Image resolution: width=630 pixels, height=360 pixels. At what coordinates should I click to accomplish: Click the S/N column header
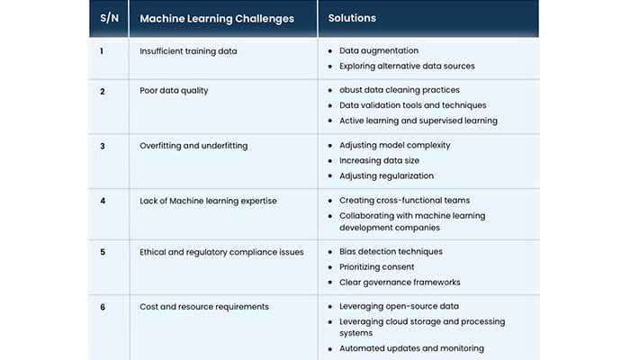(x=108, y=18)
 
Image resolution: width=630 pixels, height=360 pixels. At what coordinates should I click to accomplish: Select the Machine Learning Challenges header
(x=217, y=18)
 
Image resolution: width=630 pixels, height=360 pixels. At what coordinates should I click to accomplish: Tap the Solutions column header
(x=352, y=18)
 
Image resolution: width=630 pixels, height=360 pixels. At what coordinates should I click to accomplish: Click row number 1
(x=102, y=51)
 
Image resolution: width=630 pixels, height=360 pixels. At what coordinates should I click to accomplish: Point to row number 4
(x=102, y=200)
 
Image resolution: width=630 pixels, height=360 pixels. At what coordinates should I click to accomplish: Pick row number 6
(x=103, y=307)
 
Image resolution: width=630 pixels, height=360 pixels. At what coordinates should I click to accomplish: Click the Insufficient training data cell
(x=188, y=51)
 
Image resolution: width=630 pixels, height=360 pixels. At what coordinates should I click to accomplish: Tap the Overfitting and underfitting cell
(x=193, y=145)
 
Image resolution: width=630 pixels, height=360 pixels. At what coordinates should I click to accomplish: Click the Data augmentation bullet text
(x=378, y=51)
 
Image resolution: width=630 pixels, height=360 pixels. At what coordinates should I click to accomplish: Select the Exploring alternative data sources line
(x=407, y=66)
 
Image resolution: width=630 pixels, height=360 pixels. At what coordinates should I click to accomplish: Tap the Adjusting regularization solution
(x=386, y=175)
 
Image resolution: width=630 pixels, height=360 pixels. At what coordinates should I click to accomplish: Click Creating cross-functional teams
(x=404, y=200)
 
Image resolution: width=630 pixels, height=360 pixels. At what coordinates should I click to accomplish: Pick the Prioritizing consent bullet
(x=376, y=267)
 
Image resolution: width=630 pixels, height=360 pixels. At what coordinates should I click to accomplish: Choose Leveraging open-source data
(x=398, y=307)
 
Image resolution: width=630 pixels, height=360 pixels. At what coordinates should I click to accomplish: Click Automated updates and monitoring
(x=411, y=348)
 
